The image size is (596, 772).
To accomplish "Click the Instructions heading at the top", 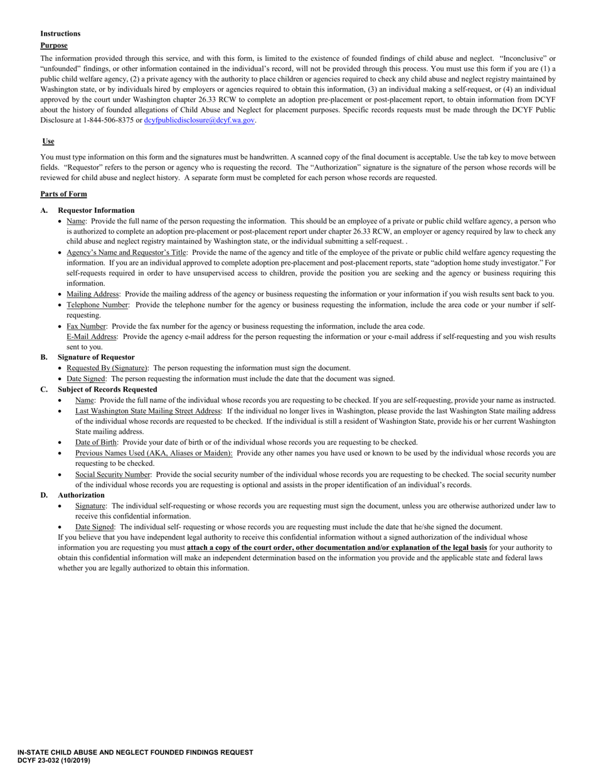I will (60, 33).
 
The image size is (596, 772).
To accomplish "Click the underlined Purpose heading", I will (53, 45).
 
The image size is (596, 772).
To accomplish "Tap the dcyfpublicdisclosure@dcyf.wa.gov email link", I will (199, 120).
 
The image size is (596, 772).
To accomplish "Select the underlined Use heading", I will (48, 142).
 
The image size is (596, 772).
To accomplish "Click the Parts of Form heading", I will (63, 194).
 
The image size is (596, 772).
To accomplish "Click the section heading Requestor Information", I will (95, 210).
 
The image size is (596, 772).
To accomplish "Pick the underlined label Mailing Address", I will (92, 294).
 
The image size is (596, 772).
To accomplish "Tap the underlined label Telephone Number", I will (98, 304).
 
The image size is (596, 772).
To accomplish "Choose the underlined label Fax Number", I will (87, 326).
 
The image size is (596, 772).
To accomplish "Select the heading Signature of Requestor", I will (96, 357).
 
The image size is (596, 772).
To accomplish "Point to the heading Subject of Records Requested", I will (107, 389).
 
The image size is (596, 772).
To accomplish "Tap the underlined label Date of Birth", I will (95, 442).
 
